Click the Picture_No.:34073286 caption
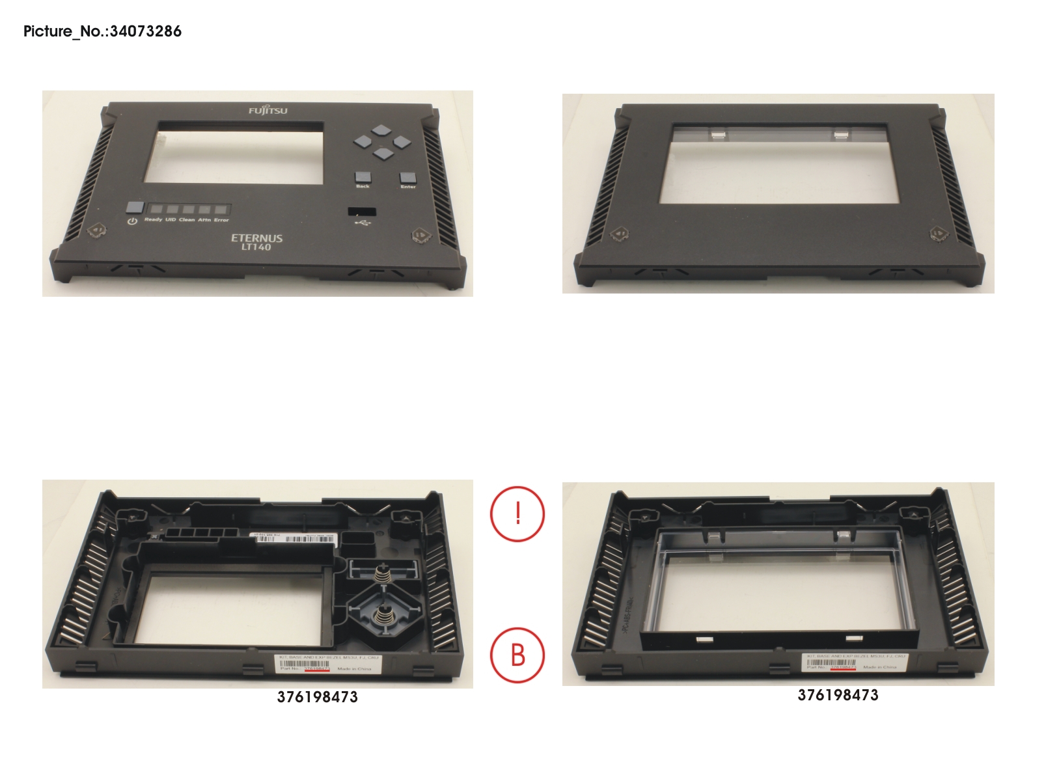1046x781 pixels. point(102,31)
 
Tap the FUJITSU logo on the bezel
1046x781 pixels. point(268,111)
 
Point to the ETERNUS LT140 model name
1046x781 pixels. point(257,242)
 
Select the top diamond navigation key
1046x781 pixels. point(382,130)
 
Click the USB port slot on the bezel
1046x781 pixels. point(362,211)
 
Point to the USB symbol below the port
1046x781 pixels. point(361,223)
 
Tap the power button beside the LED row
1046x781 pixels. point(135,208)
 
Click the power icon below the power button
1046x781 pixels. point(132,222)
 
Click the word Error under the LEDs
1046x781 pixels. point(221,220)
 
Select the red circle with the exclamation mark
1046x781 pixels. point(517,514)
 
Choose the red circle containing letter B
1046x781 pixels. point(517,655)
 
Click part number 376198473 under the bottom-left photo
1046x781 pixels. point(317,697)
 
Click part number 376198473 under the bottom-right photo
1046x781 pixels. point(838,695)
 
